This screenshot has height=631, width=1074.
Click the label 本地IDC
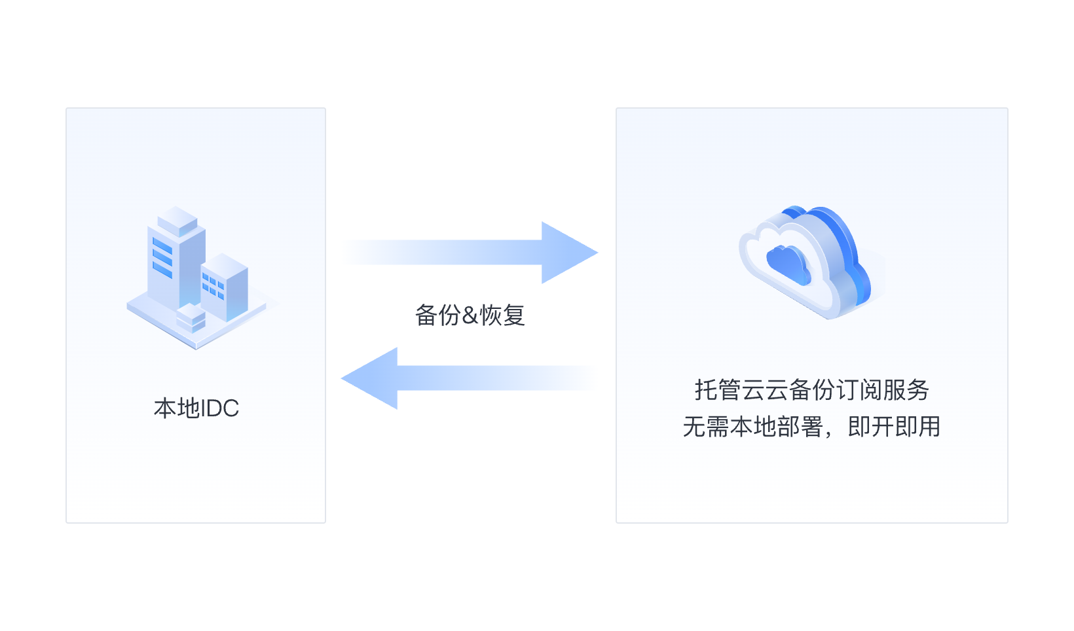coord(196,408)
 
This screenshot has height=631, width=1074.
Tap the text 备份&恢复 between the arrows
coord(470,315)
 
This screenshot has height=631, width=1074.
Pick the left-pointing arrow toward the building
coord(468,378)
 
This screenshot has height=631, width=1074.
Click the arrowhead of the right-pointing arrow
coord(567,253)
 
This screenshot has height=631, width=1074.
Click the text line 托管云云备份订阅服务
coord(811,390)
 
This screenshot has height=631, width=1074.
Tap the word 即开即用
coord(894,427)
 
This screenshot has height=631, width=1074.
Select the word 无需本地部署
coord(752,427)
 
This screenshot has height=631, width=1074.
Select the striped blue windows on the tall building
coord(162,257)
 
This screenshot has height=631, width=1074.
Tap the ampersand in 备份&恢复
coord(470,315)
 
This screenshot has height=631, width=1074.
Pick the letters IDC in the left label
coord(219,408)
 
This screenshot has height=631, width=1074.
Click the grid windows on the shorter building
coord(213,286)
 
